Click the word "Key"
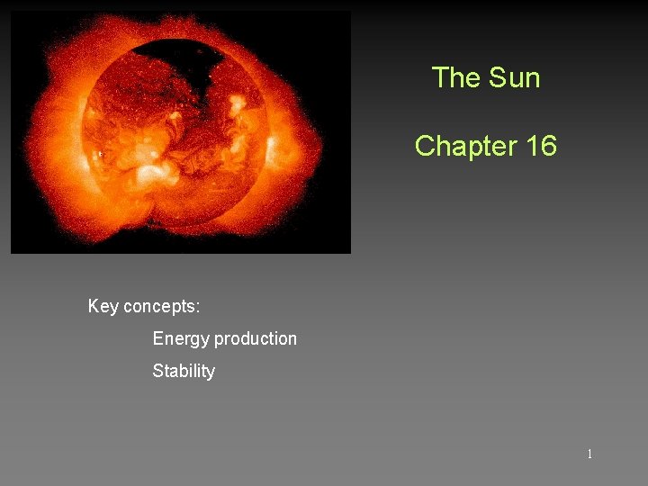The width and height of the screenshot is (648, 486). [103, 307]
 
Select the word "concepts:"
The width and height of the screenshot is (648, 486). [161, 307]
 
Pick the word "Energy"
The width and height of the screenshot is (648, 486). [181, 339]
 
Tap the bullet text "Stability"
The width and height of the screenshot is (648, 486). [184, 371]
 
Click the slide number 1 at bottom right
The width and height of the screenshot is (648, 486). [589, 454]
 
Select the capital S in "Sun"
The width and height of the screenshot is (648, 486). [494, 78]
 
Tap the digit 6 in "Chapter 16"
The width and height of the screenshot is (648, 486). [548, 146]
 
